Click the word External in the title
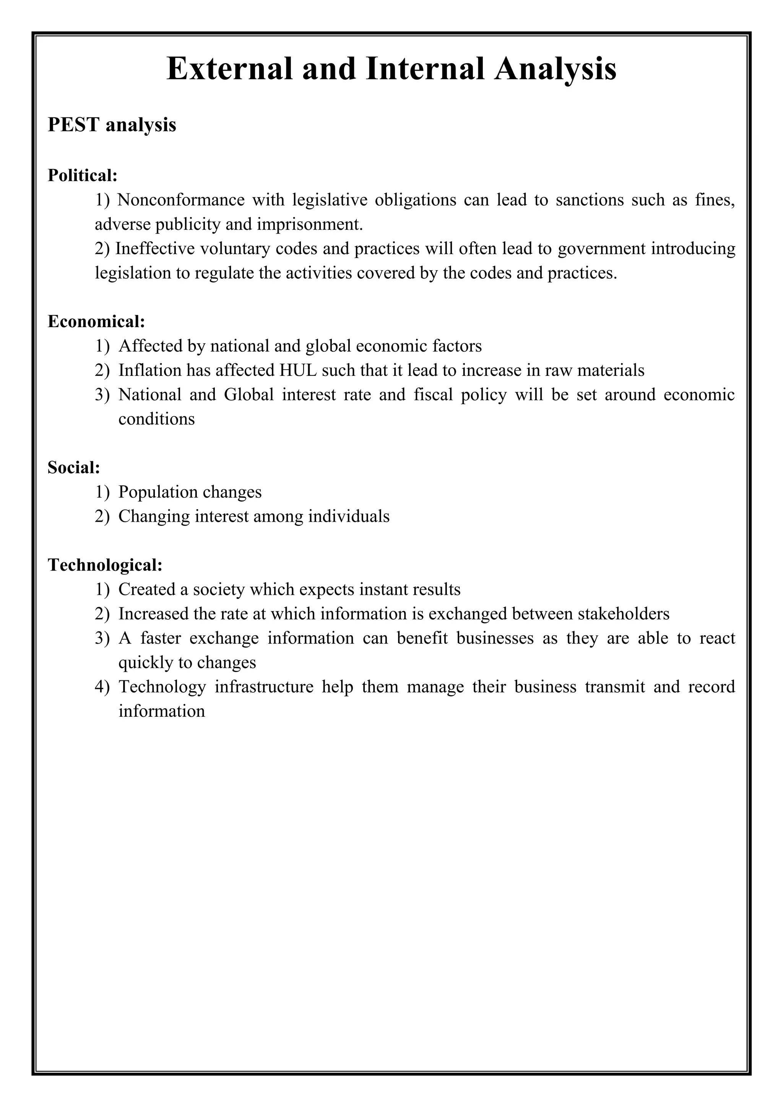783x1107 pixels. tap(229, 68)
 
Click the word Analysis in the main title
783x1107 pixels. tap(555, 68)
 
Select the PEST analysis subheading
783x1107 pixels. tap(112, 125)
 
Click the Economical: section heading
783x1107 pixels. tap(96, 321)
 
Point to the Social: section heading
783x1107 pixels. tap(74, 467)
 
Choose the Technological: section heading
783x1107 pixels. tap(105, 565)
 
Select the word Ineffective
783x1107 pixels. tap(154, 248)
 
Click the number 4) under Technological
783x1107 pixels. tap(102, 687)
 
